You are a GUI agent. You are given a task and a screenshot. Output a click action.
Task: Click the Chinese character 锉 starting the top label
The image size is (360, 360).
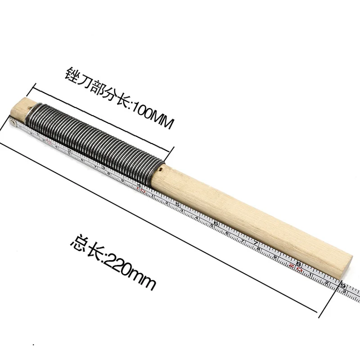[72, 75]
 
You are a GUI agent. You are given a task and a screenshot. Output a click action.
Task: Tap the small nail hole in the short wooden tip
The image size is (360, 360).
[29, 107]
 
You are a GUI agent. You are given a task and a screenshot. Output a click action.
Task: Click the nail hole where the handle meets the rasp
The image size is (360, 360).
[161, 170]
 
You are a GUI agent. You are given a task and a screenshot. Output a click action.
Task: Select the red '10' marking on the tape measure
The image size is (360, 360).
[141, 190]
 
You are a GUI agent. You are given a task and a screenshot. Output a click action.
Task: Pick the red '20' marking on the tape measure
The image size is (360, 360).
[296, 267]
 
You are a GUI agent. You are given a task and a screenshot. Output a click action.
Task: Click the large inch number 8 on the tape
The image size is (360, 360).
[299, 263]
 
